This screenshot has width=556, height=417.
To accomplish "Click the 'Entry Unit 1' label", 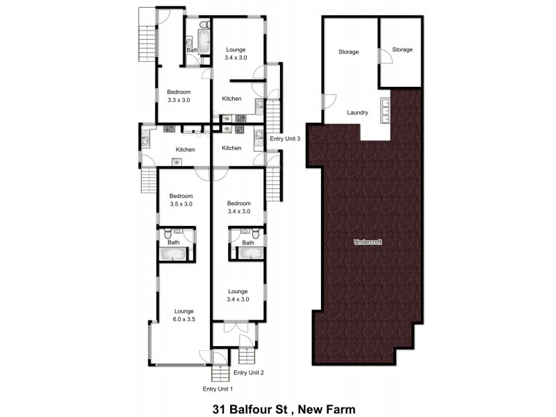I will (218, 389).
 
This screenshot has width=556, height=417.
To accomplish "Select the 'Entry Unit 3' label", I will (285, 138).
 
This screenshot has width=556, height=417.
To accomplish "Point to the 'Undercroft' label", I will (366, 242).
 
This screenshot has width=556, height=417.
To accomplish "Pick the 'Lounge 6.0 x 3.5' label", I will (183, 315).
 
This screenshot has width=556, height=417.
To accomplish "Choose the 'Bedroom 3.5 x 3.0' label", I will (181, 200).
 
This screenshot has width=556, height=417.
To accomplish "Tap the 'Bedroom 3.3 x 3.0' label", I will (179, 96).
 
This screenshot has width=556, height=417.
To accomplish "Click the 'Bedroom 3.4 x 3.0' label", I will (238, 207).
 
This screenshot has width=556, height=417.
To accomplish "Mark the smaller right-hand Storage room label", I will (402, 49).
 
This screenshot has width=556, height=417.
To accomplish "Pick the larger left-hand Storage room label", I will (348, 52).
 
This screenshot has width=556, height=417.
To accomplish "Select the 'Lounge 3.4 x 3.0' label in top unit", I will (236, 54).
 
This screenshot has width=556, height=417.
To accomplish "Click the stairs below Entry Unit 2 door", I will (248, 356).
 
